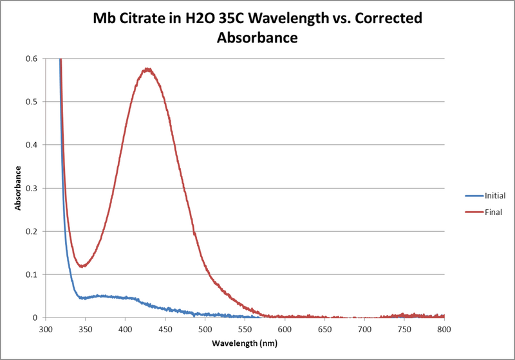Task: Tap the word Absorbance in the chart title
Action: point(257,38)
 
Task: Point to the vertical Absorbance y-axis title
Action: point(19,188)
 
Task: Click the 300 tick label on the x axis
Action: point(45,328)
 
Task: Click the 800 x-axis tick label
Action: point(444,328)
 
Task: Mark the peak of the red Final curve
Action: point(147,69)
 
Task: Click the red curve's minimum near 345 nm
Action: point(82,265)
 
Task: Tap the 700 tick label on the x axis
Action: point(364,328)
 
